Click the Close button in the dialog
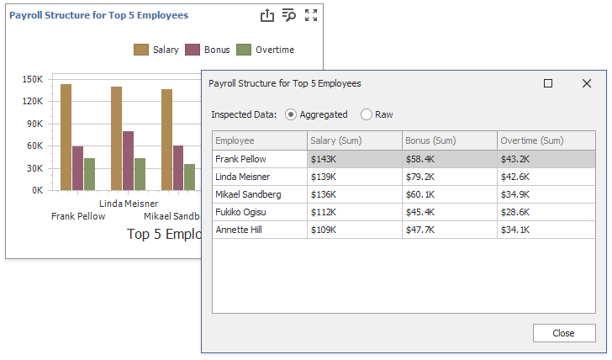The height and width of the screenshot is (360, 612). click(563, 333)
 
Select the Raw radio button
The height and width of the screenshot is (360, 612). click(367, 114)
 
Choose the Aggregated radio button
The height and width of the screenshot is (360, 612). click(291, 114)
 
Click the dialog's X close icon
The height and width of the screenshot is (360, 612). click(587, 83)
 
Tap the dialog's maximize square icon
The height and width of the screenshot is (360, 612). click(548, 83)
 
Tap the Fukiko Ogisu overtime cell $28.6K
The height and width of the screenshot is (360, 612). click(516, 212)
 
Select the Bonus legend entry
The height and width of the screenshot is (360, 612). click(208, 50)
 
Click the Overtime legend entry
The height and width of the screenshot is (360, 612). click(266, 50)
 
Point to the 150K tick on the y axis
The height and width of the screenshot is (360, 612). click(32, 79)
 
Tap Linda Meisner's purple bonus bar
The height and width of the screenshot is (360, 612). click(128, 161)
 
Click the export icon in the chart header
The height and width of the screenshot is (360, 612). click(267, 15)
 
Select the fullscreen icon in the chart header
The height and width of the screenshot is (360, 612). click(311, 15)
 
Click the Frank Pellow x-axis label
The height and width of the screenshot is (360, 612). click(78, 216)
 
